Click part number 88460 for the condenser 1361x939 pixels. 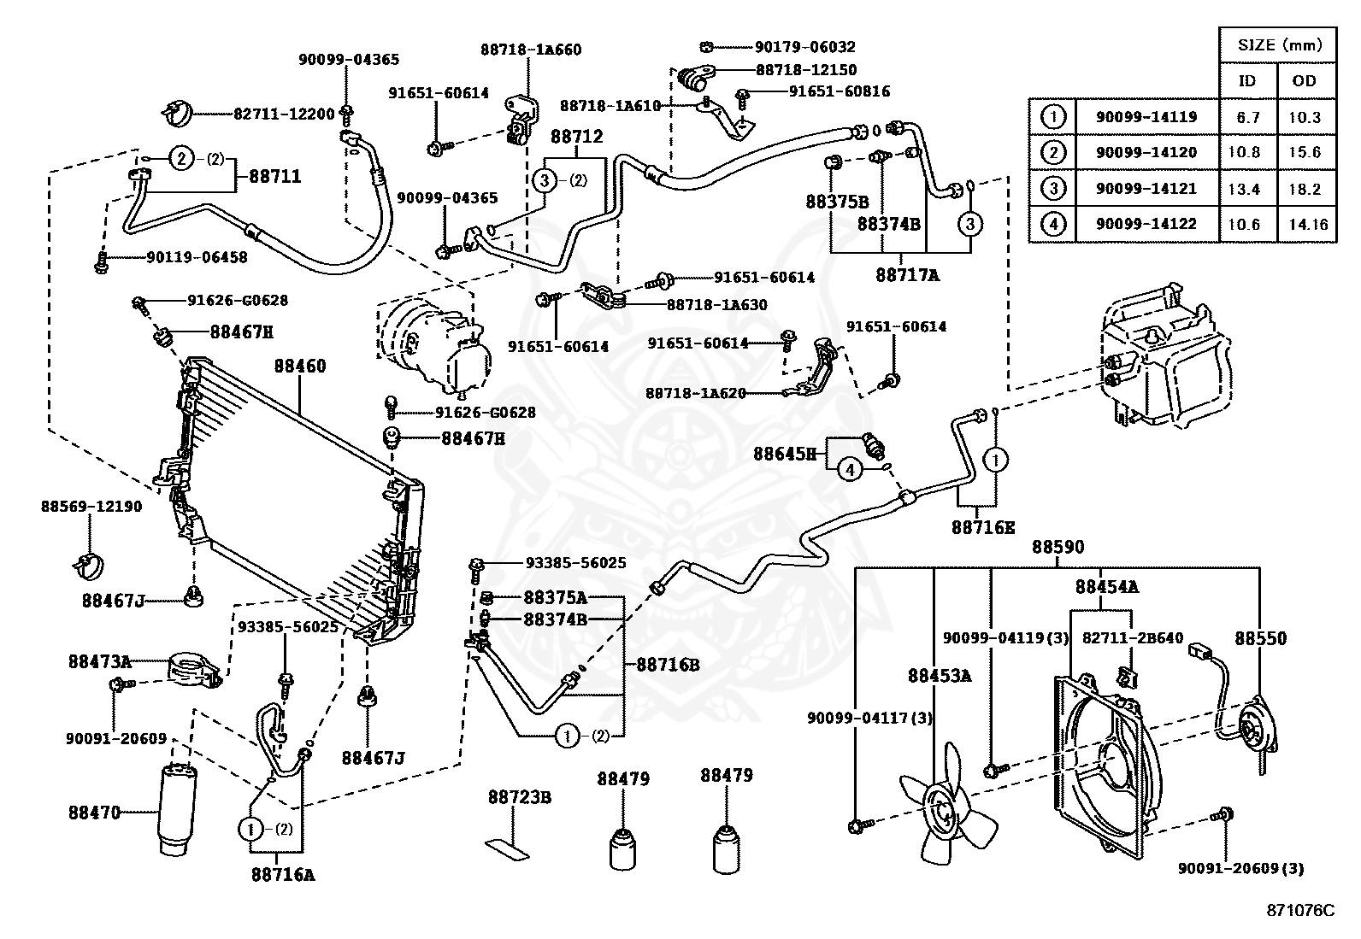[299, 367]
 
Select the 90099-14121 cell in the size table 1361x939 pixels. [1146, 189]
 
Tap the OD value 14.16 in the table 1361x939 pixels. [1305, 225]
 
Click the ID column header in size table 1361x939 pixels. [1248, 81]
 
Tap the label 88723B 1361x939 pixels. [519, 798]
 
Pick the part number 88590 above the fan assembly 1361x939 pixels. [1057, 547]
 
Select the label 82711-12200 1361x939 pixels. [284, 113]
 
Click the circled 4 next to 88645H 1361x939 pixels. [849, 469]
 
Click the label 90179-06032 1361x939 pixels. [804, 47]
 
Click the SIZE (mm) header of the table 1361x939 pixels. [1277, 44]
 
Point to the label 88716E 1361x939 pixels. [983, 527]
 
